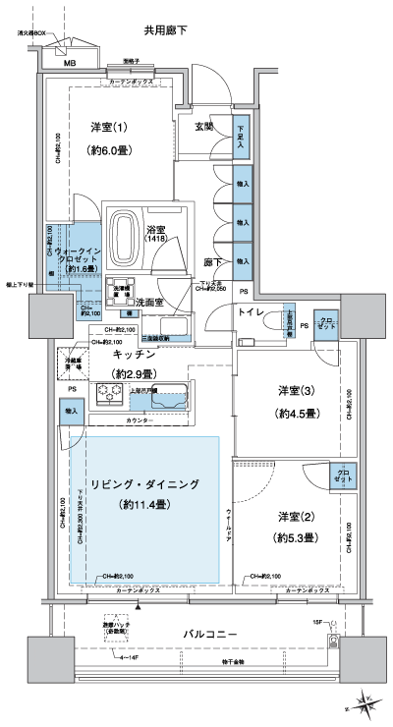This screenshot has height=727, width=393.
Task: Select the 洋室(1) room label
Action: (x=110, y=128)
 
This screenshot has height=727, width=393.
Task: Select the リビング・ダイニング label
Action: (x=143, y=485)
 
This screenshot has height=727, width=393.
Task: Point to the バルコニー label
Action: (x=210, y=636)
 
